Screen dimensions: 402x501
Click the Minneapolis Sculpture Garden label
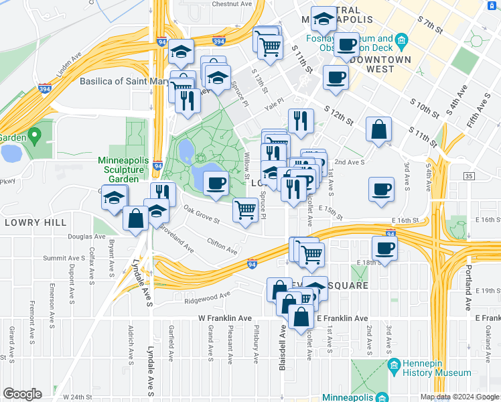121,170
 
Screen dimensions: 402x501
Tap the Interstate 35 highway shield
468,176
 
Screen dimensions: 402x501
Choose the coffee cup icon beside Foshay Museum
347,44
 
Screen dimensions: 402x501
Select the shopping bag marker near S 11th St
379,130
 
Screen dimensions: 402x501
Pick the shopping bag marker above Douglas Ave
136,218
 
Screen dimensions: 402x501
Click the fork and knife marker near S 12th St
301,121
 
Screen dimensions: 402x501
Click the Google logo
22,394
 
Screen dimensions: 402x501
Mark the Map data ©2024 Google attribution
459,397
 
